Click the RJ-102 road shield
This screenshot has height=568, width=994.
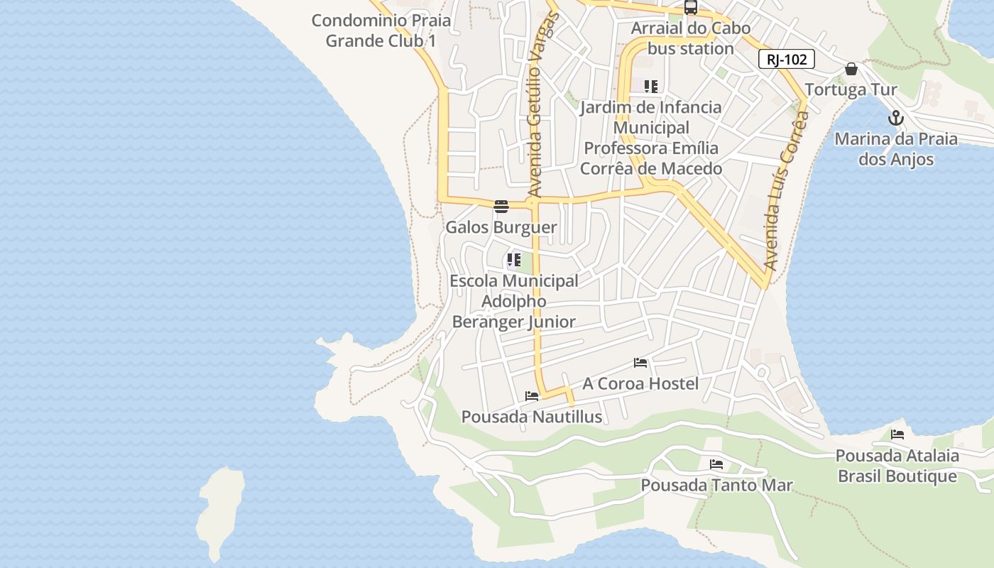[786, 60]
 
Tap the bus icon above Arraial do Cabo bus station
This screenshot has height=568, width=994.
[690, 7]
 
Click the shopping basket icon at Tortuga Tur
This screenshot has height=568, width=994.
[851, 69]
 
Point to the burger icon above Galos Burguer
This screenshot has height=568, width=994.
[501, 207]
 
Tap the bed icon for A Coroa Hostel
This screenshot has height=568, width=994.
[640, 363]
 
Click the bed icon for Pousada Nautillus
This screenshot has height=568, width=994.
[532, 396]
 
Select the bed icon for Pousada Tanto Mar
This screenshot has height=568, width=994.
[716, 464]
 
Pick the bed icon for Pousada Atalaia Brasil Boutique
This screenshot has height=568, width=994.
[897, 435]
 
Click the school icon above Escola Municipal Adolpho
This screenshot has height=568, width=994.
[513, 260]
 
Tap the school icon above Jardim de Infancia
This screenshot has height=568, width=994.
[650, 87]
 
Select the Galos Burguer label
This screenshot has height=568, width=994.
[501, 227]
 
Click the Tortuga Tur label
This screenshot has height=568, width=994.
[851, 89]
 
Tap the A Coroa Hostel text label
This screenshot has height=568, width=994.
[640, 383]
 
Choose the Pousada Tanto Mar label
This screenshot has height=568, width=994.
[716, 485]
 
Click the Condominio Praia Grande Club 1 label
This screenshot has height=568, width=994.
[381, 31]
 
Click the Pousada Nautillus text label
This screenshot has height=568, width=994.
[532, 417]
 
